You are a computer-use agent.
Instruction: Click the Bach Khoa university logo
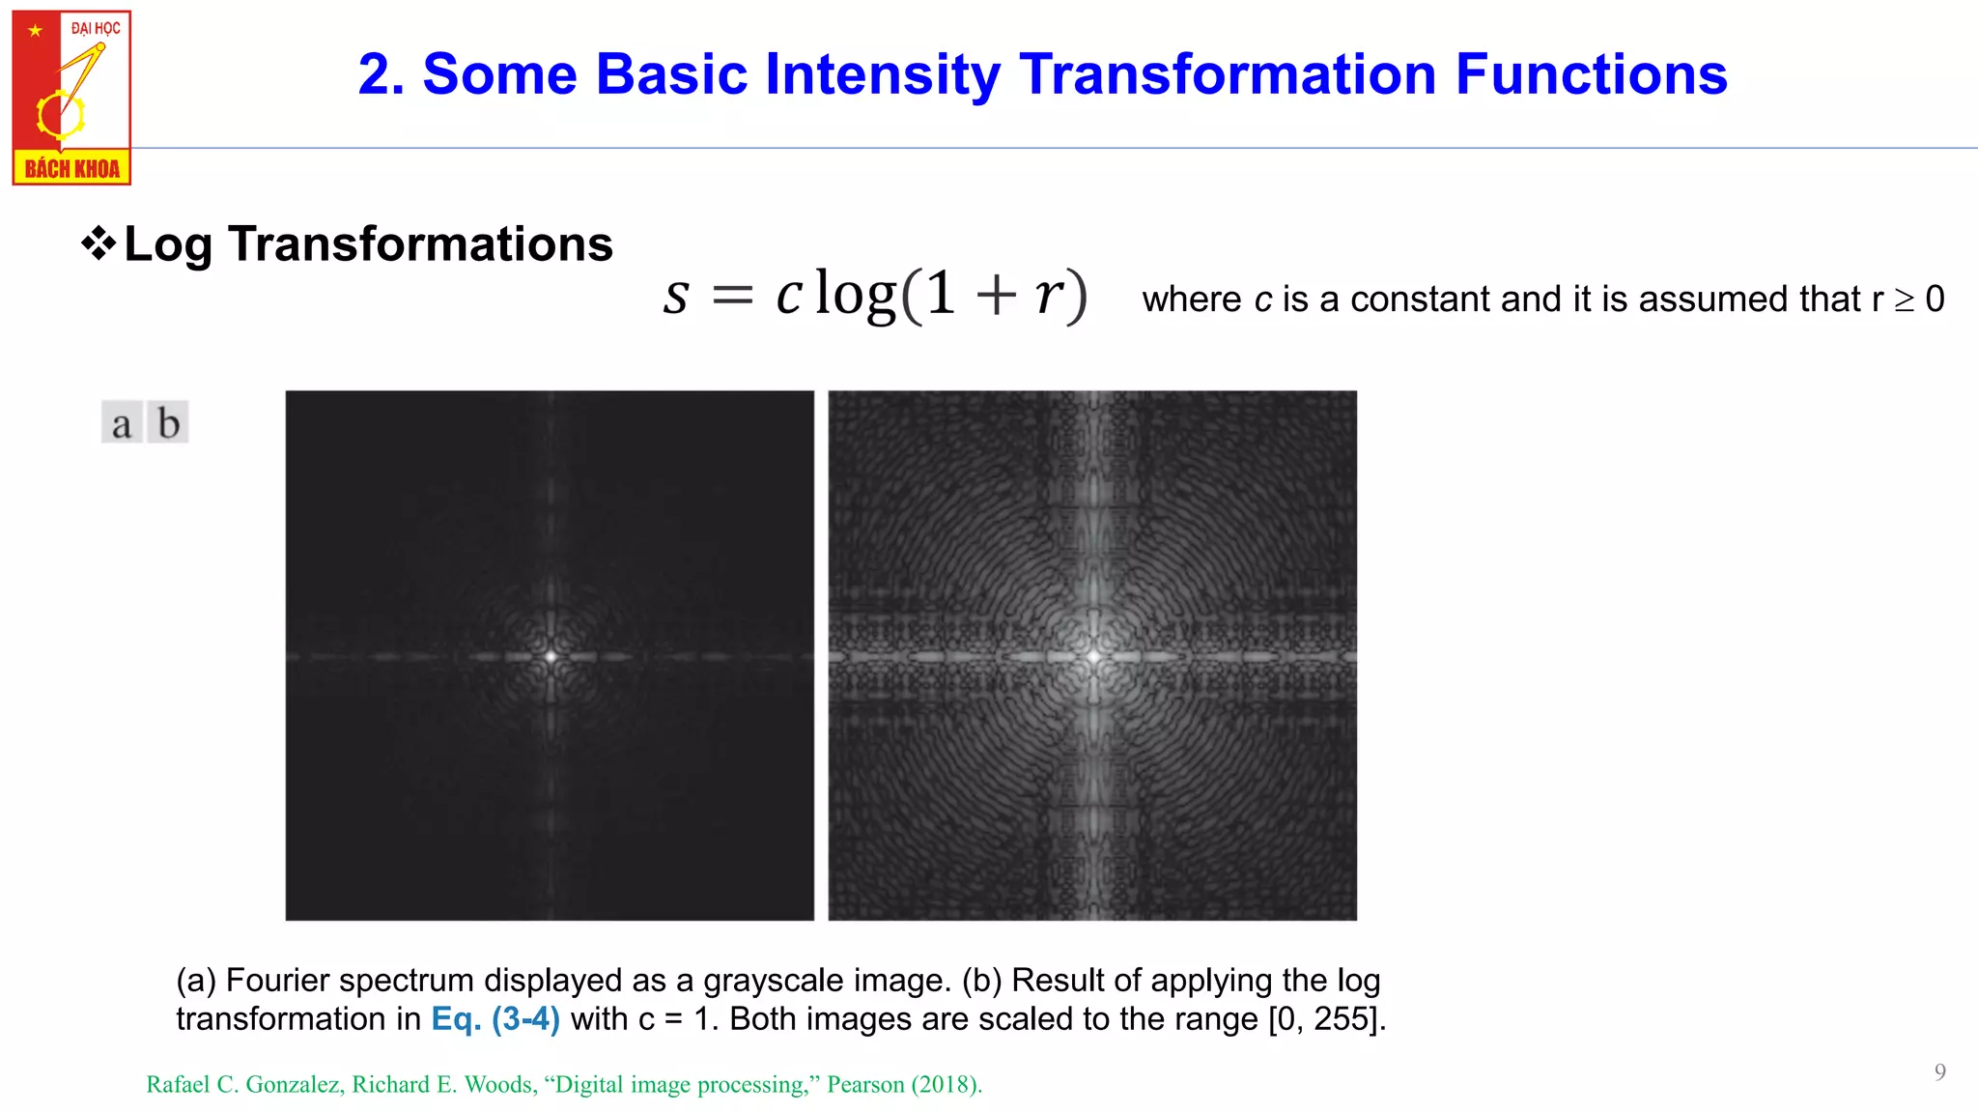coord(71,98)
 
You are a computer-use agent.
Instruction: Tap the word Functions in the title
coord(1591,74)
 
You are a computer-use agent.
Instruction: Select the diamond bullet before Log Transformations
coord(99,243)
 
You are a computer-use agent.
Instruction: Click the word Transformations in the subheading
coord(420,243)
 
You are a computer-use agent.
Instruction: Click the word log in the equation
coord(855,294)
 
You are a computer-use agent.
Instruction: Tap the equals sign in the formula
coord(732,296)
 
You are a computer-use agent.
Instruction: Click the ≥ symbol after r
coord(1904,300)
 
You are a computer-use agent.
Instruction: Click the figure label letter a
coord(122,423)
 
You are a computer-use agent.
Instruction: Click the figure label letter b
coord(169,423)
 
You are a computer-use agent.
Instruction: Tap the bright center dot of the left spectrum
coord(551,656)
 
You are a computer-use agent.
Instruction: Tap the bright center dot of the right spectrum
coord(1093,656)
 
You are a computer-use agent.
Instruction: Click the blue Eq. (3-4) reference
coord(495,1019)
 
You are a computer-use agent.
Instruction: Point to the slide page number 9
coord(1939,1071)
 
